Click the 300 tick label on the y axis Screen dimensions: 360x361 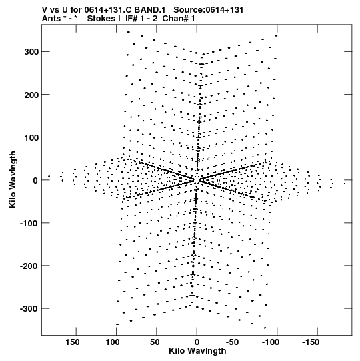click(x=32, y=52)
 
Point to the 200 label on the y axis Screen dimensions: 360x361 click(x=32, y=95)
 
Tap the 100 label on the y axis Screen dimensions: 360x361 click(x=32, y=137)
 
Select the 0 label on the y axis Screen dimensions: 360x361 click(x=35, y=180)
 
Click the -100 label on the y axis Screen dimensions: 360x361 click(x=29, y=223)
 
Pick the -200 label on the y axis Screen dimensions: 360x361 click(x=29, y=266)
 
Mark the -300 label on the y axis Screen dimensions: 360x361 click(x=29, y=309)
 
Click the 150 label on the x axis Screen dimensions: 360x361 click(x=73, y=342)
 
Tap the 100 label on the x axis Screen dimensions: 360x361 click(x=113, y=342)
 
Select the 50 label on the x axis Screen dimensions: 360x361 click(x=155, y=342)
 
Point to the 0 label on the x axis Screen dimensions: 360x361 click(x=197, y=342)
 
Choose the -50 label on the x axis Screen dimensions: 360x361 click(x=232, y=342)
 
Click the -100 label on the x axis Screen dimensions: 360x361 click(x=270, y=342)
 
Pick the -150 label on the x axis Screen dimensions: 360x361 click(x=311, y=342)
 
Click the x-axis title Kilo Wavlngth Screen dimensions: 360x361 click(x=197, y=351)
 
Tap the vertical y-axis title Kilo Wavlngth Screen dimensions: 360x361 click(x=13, y=179)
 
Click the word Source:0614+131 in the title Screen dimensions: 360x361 click(x=209, y=10)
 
